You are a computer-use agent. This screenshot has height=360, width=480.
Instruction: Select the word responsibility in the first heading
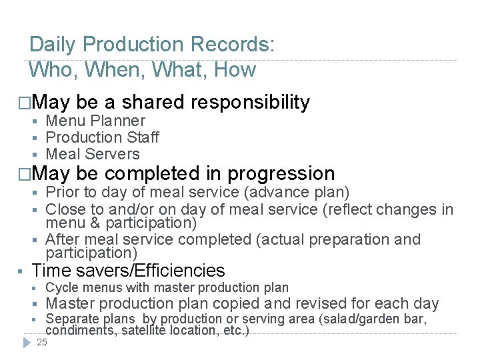pos(250,102)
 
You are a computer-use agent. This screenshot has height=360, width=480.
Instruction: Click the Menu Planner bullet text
pos(95,121)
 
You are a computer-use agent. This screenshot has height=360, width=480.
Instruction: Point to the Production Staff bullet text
pos(102,137)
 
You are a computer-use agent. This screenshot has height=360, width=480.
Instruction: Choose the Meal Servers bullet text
pos(93,154)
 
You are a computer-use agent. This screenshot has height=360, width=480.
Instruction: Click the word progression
pos(281,174)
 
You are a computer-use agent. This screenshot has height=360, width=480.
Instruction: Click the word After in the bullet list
pos(62,239)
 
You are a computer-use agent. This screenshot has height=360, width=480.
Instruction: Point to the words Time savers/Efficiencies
pos(129,271)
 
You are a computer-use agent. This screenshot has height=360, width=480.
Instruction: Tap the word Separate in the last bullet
pos(71,319)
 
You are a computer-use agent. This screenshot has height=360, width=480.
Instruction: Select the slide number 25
pos(42,342)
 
